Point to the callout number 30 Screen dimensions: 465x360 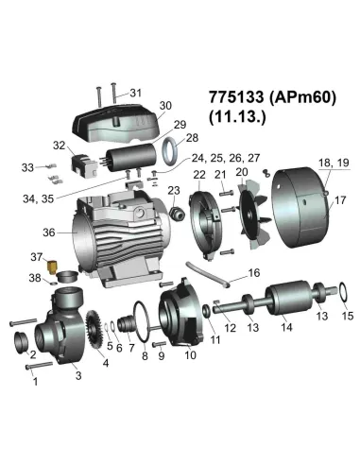click(165, 105)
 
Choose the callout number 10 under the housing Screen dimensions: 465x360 click(189, 354)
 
